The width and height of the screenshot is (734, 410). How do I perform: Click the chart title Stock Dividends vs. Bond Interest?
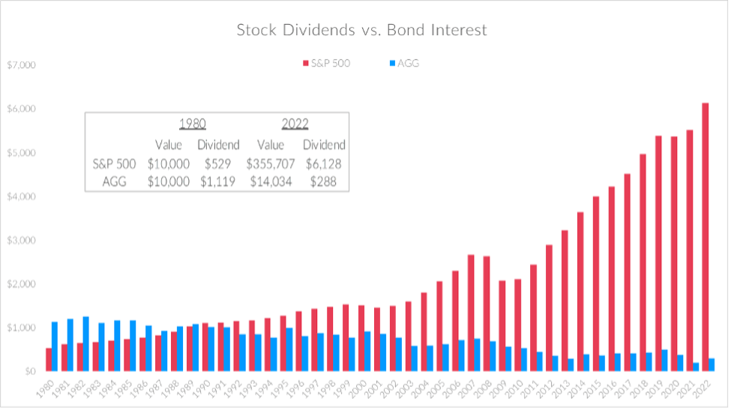[361, 31]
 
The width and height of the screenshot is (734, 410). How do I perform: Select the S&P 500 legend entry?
[325, 64]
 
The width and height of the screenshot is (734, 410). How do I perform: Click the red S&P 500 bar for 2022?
[705, 237]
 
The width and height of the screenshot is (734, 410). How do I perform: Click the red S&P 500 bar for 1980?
[49, 359]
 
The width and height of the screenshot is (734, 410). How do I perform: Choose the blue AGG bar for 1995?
[289, 349]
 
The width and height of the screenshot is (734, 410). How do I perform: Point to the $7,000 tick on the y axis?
[20, 65]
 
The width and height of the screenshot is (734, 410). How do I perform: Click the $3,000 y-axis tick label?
[20, 241]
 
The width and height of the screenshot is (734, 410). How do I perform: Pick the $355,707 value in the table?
[270, 163]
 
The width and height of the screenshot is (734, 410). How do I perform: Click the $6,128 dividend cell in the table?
[324, 163]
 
